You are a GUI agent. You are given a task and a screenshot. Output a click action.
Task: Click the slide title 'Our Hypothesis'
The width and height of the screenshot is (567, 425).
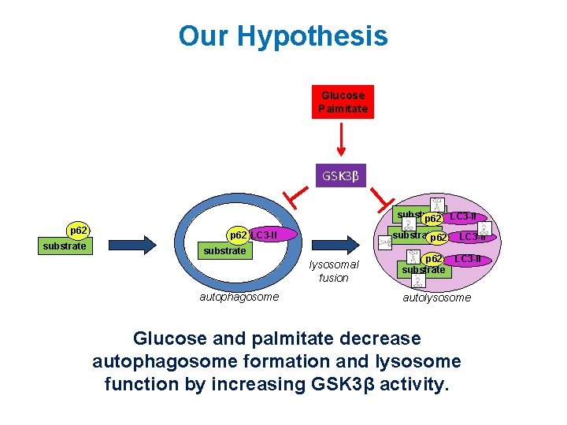tap(283, 36)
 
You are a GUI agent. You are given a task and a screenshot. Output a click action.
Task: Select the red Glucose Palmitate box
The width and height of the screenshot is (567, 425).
tap(343, 102)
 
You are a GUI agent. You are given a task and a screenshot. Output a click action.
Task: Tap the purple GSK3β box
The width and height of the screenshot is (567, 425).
tap(339, 176)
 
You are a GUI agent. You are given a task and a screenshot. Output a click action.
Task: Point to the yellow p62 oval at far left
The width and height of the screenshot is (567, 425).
tap(78, 231)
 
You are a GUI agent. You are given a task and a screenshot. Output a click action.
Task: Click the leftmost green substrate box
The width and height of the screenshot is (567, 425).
tap(65, 246)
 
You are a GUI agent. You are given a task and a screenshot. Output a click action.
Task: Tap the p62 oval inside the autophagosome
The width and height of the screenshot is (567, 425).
tap(238, 235)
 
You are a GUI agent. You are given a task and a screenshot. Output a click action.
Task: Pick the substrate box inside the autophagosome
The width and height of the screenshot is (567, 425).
tap(224, 251)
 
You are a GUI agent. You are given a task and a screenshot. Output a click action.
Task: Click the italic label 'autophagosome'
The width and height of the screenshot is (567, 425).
tap(239, 297)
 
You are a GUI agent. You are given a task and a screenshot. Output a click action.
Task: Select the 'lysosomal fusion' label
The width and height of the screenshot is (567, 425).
tap(334, 272)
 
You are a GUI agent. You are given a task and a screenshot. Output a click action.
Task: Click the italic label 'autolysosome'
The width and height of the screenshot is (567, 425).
tap(436, 297)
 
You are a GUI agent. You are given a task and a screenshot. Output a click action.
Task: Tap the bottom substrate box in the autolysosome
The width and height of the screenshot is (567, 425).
tap(424, 270)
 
